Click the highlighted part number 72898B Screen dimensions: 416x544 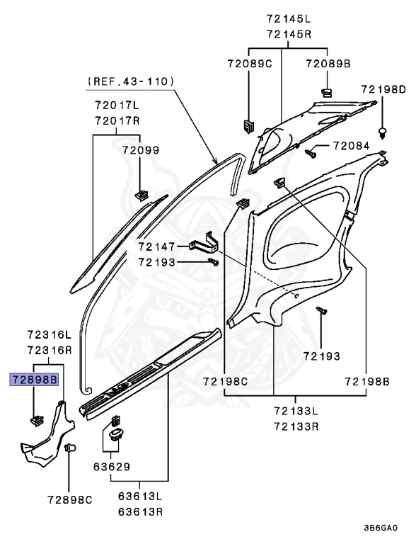point(34,380)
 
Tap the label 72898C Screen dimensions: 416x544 point(69,500)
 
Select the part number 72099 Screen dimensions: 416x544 point(141,150)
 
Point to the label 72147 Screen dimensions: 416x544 point(156,246)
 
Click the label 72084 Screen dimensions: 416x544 point(351,145)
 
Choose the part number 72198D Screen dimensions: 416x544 point(383,89)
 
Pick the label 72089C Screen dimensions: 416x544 point(250,64)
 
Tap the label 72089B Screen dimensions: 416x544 point(328,64)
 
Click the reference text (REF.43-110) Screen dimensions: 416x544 point(130,81)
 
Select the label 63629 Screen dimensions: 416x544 point(112,467)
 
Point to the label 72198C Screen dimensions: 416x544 point(225,382)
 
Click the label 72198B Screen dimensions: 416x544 point(367,382)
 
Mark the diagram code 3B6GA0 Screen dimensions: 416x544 point(381,528)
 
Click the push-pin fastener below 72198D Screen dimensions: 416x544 point(382,133)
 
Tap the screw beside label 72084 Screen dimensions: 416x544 point(311,153)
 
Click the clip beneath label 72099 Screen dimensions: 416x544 point(141,195)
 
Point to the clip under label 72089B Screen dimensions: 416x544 point(326,93)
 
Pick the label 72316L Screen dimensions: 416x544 point(50,334)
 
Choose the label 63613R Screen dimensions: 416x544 point(140,511)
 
